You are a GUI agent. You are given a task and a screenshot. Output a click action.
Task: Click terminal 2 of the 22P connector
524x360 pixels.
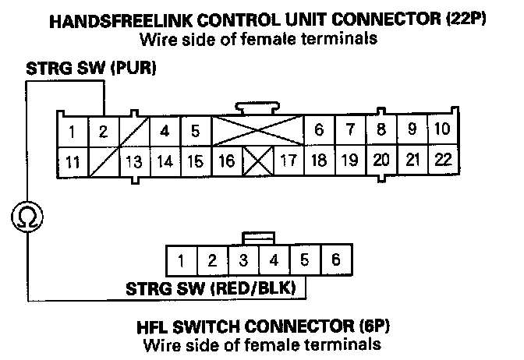click(x=103, y=131)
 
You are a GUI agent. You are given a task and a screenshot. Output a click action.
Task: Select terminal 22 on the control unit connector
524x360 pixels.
click(x=444, y=161)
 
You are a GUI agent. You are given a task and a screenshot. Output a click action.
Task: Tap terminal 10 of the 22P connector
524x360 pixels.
click(x=442, y=129)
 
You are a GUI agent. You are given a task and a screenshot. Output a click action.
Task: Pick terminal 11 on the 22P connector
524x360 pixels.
click(x=72, y=163)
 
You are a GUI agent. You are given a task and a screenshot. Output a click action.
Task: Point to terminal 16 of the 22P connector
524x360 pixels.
click(x=227, y=162)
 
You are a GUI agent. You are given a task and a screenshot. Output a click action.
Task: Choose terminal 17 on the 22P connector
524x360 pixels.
click(x=288, y=162)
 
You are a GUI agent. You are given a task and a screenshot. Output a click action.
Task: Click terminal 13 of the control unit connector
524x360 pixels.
click(x=134, y=163)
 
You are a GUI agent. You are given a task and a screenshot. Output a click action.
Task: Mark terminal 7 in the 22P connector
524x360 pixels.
click(x=351, y=129)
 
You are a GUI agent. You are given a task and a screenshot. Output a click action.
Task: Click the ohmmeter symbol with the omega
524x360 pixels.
click(x=27, y=216)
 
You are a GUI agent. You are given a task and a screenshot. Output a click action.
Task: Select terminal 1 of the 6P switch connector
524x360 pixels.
click(x=181, y=259)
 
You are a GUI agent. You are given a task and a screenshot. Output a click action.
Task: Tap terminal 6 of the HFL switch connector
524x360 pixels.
click(x=335, y=259)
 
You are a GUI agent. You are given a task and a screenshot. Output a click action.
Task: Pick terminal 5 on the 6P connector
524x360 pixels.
click(x=305, y=259)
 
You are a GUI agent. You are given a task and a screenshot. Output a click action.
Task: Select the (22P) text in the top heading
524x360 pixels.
click(x=467, y=21)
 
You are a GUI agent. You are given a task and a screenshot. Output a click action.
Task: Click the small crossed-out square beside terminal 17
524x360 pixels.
click(x=257, y=162)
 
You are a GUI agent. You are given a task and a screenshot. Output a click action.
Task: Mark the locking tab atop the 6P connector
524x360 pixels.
click(x=258, y=238)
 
